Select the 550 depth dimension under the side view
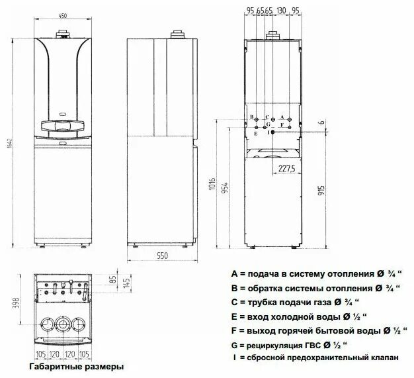tap(162, 255)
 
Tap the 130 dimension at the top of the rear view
tap(282, 11)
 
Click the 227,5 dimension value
tap(286, 167)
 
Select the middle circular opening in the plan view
tap(63, 324)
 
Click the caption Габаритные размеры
tap(76, 366)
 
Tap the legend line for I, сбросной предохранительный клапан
tap(315, 358)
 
